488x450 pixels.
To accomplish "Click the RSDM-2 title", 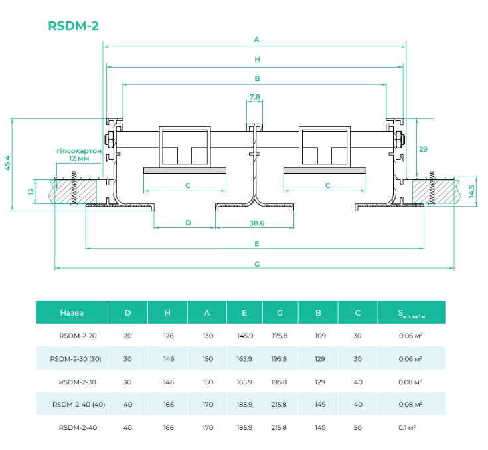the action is point(74,25).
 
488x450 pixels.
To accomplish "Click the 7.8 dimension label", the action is point(254,97).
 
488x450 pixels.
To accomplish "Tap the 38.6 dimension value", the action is point(257,223).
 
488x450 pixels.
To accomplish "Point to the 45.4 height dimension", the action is point(7,163).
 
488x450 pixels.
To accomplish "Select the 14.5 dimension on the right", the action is point(471,191).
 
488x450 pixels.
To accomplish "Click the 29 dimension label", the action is point(423,149).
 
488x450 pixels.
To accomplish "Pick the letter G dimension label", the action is point(257,264).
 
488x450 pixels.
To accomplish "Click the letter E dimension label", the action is point(257,243).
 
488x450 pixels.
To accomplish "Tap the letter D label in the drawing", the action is point(188,223).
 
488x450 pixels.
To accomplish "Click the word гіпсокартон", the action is point(79,151).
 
